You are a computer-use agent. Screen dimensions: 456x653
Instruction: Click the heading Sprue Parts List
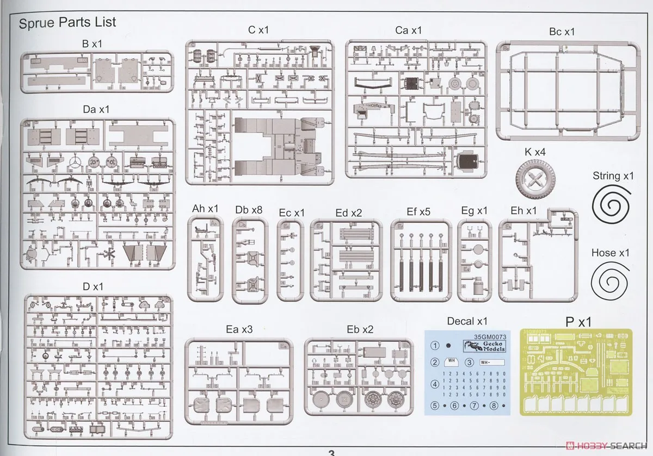(67, 23)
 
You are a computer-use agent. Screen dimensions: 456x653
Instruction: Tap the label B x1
(91, 44)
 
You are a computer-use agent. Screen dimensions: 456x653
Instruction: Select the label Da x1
(96, 109)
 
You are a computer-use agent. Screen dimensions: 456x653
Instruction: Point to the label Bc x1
(562, 32)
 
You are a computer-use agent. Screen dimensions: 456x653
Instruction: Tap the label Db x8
(249, 209)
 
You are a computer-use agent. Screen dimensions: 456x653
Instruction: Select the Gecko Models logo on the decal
(484, 346)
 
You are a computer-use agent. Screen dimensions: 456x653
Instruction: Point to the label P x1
(578, 322)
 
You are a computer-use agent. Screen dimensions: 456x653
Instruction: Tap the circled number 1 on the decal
(435, 345)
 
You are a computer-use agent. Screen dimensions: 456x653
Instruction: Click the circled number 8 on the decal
(494, 405)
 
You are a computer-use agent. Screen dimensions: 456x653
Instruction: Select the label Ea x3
(239, 329)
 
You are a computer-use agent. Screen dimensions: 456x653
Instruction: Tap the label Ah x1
(205, 209)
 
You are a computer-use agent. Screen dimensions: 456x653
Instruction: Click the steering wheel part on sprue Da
(76, 161)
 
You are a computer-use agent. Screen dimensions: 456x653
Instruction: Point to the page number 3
(331, 452)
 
